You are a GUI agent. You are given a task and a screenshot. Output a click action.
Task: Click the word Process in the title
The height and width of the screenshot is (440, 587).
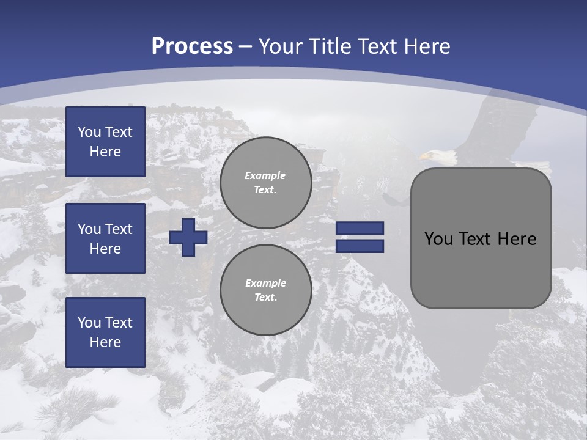(192, 46)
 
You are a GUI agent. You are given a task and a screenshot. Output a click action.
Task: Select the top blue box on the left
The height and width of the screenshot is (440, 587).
(105, 142)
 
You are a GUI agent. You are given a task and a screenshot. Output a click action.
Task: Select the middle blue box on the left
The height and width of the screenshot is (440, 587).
(105, 238)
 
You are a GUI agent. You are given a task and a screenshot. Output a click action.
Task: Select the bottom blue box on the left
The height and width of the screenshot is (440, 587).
(105, 332)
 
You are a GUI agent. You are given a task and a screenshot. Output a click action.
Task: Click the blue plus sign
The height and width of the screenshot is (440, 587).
(188, 237)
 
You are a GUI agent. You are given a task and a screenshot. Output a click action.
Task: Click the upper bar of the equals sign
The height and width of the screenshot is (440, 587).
(360, 228)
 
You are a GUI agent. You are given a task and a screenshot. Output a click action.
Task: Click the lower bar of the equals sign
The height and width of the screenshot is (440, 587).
(360, 246)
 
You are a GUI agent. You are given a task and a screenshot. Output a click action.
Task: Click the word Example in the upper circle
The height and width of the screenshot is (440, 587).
(265, 175)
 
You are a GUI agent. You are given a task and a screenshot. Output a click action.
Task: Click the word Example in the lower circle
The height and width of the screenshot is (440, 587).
(265, 283)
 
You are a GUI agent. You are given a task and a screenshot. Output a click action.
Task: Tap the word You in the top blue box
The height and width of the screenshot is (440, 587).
(89, 132)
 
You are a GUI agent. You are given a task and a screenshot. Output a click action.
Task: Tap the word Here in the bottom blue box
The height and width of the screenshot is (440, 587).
(105, 342)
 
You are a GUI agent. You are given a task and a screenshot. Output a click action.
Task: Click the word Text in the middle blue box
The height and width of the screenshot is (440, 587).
(118, 229)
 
